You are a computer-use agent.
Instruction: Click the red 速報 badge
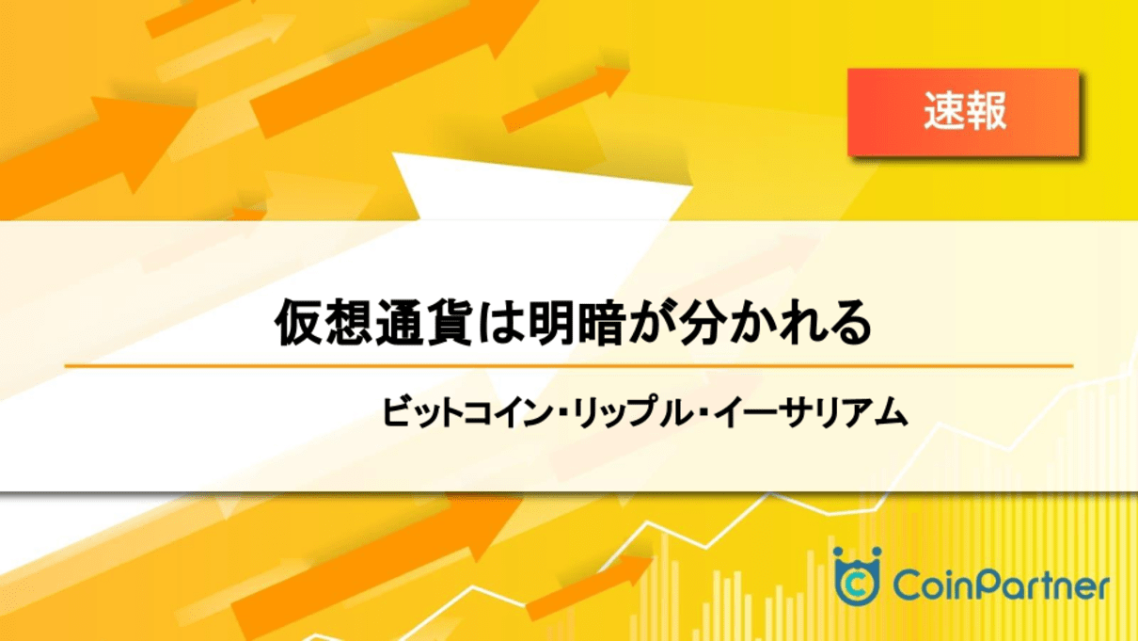[x=963, y=112]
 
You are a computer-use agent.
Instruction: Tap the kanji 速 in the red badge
[x=943, y=111]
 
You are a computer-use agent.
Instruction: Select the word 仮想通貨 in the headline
[x=373, y=323]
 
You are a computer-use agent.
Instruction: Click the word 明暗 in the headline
[x=577, y=323]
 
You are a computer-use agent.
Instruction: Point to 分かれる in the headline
[x=776, y=323]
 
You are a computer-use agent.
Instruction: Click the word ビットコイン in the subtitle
[x=467, y=412]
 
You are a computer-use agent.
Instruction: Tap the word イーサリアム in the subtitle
[x=811, y=412]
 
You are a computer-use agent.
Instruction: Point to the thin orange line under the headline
[x=569, y=365]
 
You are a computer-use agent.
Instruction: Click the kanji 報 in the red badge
[x=986, y=111]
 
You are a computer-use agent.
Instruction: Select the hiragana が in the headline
[x=653, y=323]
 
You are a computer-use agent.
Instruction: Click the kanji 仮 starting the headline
[x=298, y=323]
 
